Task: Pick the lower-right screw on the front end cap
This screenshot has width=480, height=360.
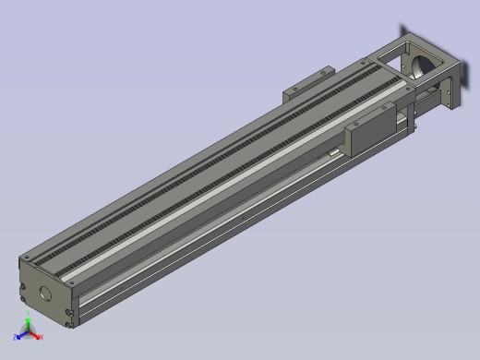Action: [70, 321]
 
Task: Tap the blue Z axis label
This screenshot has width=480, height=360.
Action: [17, 339]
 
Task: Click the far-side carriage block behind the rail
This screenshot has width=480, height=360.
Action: [306, 81]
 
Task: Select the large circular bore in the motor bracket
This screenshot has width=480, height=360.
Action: [420, 66]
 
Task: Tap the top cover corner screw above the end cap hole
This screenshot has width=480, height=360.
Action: [27, 255]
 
